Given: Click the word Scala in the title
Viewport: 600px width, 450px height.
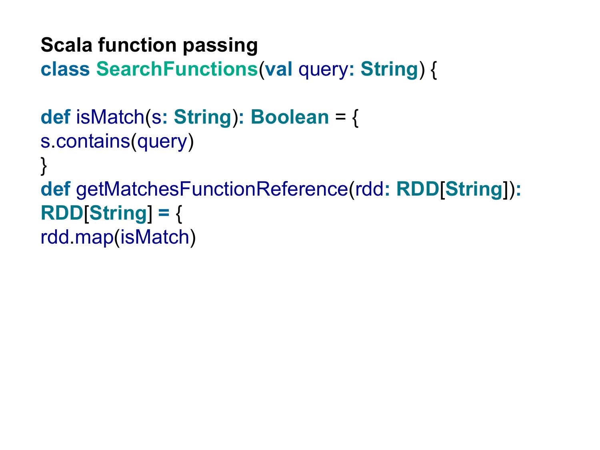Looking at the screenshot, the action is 66,45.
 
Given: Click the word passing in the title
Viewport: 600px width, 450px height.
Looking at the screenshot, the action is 220,46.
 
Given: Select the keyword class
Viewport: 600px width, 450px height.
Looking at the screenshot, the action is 65,69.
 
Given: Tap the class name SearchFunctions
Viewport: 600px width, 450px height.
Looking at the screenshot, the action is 177,69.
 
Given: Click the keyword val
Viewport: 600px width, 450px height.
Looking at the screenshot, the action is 278,69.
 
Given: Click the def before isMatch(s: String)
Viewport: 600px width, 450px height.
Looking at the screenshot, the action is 55,117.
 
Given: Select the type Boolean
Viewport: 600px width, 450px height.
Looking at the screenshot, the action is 290,117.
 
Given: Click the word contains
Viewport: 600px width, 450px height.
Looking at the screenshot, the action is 93,141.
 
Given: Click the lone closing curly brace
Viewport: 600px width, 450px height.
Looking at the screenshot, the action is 44,166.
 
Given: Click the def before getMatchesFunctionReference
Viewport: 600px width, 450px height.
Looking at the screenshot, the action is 55,189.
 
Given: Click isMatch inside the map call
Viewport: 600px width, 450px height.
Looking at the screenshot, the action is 155,237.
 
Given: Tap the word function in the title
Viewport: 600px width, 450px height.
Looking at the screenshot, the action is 138,45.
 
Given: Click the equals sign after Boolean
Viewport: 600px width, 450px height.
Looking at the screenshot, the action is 340,117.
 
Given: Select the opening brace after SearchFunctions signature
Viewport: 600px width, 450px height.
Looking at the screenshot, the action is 434,70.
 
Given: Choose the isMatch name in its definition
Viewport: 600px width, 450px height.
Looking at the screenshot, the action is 110,117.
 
